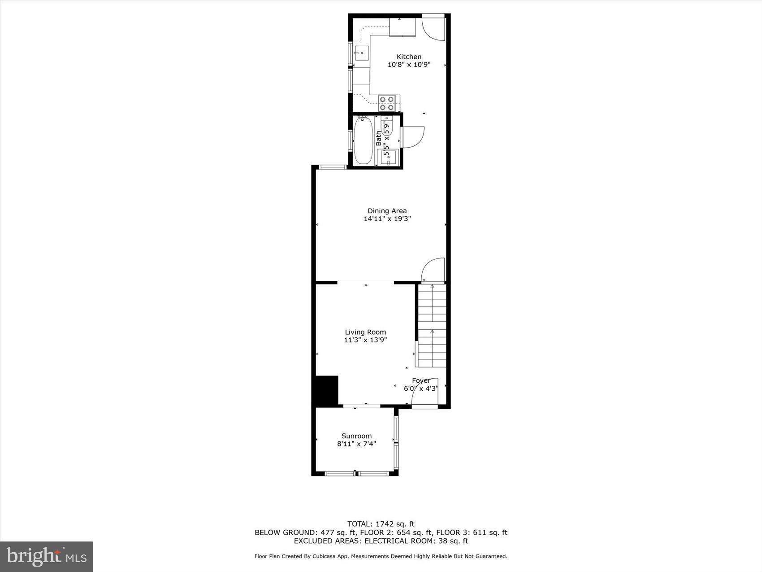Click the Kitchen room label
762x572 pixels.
click(409, 57)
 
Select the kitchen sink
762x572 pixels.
click(361, 53)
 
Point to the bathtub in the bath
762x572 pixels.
click(363, 140)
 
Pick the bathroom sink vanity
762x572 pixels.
click(389, 157)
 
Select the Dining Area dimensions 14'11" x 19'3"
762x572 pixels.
click(387, 219)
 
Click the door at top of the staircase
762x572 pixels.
click(433, 270)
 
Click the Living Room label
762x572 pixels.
click(365, 332)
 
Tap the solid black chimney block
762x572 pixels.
click(327, 391)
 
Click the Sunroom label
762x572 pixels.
click(356, 436)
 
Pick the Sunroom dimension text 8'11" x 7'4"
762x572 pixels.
click(356, 444)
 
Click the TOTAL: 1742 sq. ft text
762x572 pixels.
click(381, 524)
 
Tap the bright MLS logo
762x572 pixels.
click(46, 557)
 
